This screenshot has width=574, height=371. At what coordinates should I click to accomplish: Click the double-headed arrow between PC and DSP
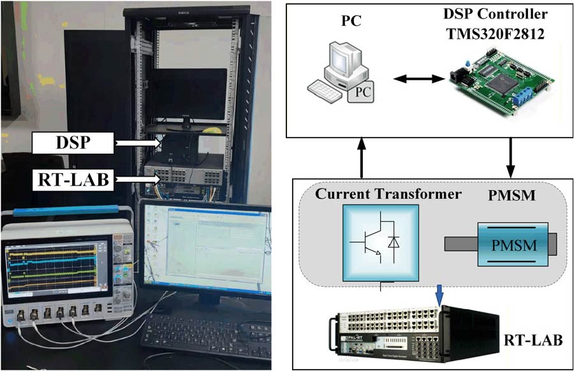point(418,79)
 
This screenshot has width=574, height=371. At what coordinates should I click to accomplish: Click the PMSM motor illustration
point(499,244)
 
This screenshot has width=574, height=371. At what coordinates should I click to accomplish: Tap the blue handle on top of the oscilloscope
point(64,210)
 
